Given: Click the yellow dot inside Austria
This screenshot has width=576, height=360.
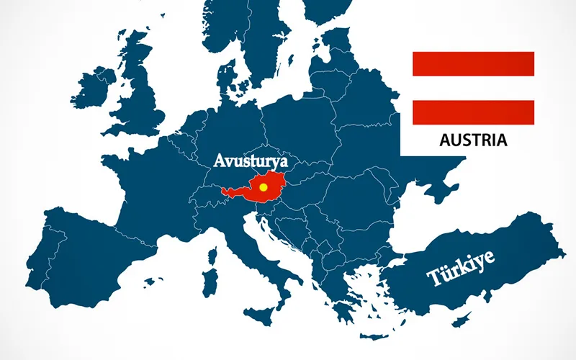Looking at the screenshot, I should [264, 186].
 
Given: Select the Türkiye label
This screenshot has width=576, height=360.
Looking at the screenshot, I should [461, 268].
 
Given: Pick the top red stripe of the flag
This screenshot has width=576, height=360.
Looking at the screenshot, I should [472, 63].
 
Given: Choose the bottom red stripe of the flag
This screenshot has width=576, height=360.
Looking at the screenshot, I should [472, 112].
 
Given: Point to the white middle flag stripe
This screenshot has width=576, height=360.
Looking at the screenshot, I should [472, 88].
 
